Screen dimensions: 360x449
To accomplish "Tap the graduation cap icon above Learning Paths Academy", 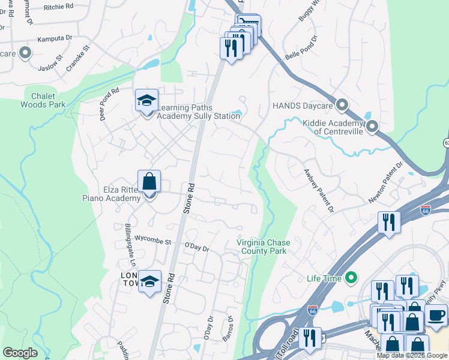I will pos(146,100).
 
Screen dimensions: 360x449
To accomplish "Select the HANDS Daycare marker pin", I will pos(342,105).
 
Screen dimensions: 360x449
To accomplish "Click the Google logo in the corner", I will pos(20,353).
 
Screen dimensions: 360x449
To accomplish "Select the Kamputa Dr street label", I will pos(55,37).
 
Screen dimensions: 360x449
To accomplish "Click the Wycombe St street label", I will pos(152,242).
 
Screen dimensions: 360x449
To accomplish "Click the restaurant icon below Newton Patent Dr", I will pos(389,223).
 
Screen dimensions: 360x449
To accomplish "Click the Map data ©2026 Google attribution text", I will pos(412,355).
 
